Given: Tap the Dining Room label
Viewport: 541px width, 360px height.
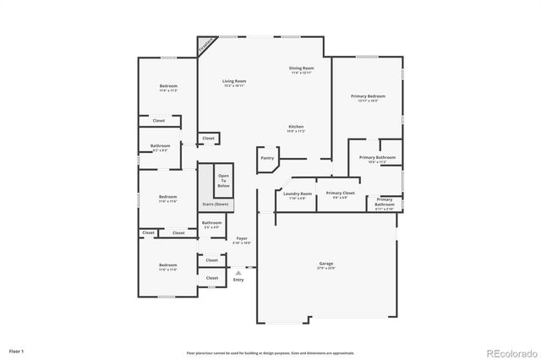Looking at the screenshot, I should point(302,69).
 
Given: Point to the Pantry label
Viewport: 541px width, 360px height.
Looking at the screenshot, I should point(267,157).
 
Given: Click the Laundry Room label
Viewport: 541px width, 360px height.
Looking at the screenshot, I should point(294,195).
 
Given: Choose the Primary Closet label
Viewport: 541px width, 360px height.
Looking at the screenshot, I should point(340,194).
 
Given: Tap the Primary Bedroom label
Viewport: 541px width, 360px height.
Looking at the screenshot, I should point(368,98).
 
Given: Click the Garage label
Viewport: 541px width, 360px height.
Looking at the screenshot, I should point(325,265).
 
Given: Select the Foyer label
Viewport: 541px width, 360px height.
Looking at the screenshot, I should point(242,240).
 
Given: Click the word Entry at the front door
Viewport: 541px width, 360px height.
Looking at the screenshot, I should point(238,280).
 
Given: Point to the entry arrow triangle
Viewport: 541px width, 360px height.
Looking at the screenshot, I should point(238,272).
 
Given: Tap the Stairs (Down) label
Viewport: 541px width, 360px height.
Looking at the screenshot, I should point(215,205).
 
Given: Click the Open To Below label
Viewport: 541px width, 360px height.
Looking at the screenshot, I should point(223,180).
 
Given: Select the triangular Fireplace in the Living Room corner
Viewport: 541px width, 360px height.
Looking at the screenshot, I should point(205,46).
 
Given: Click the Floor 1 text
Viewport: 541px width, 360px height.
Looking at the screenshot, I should point(17,350).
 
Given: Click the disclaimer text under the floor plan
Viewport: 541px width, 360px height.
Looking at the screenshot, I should point(270,352).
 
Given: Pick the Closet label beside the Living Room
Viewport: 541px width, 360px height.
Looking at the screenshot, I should point(208,138).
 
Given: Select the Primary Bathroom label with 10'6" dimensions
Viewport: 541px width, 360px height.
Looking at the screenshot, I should point(376,159).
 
